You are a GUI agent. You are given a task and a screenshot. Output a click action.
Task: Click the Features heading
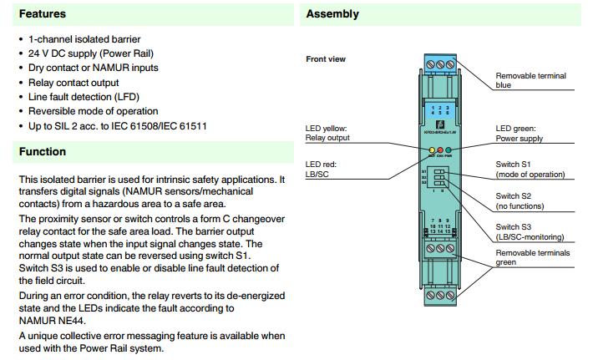(x=43, y=14)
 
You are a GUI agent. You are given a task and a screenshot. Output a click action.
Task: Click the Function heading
(x=43, y=152)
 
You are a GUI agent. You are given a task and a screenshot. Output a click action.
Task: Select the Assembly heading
(x=332, y=14)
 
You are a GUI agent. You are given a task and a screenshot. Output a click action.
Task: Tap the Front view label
(x=326, y=59)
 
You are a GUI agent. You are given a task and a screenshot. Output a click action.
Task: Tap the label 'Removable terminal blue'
(x=530, y=80)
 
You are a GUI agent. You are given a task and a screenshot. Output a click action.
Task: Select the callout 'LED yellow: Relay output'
(x=327, y=133)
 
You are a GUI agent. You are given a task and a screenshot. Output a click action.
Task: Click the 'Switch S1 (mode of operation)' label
(x=530, y=169)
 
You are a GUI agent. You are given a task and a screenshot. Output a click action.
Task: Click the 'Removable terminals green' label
(x=532, y=257)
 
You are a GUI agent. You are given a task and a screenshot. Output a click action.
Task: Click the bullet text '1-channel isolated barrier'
(x=84, y=39)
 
